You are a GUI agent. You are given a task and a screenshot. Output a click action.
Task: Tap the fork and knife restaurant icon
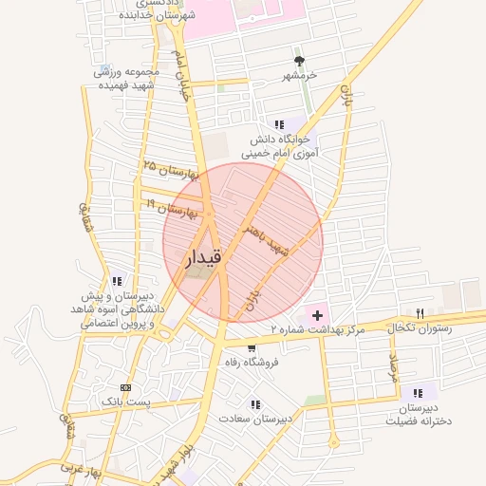click(x=420, y=312)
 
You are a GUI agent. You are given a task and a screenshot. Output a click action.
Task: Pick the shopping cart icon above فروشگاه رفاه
click(x=251, y=348)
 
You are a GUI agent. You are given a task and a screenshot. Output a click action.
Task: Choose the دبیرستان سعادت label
click(x=255, y=418)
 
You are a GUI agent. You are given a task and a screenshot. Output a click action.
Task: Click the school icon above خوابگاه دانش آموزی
click(x=279, y=124)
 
